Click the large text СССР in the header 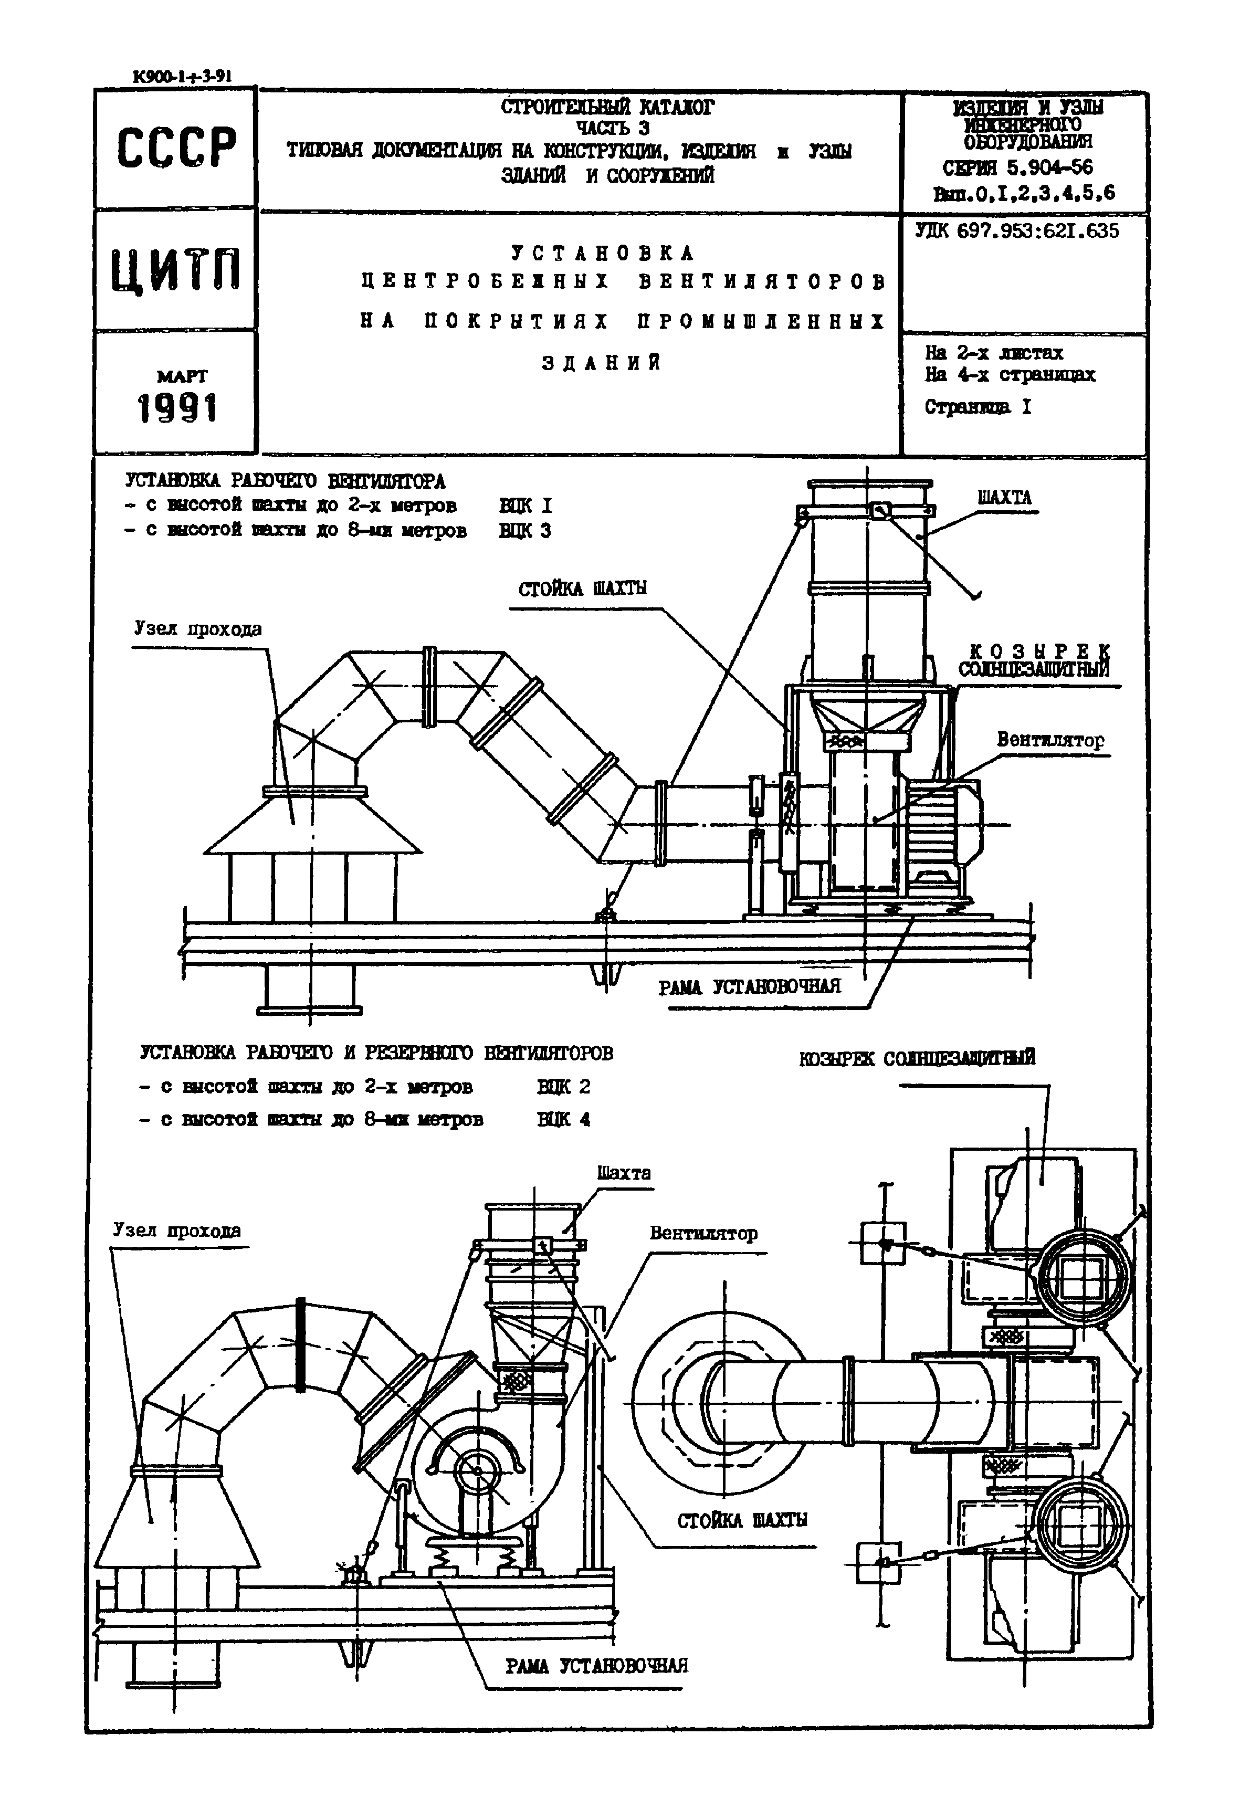click(x=176, y=148)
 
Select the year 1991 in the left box click(x=177, y=408)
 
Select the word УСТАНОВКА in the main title click(x=603, y=254)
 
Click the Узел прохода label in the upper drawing click(x=197, y=628)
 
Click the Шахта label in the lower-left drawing click(x=624, y=1173)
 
